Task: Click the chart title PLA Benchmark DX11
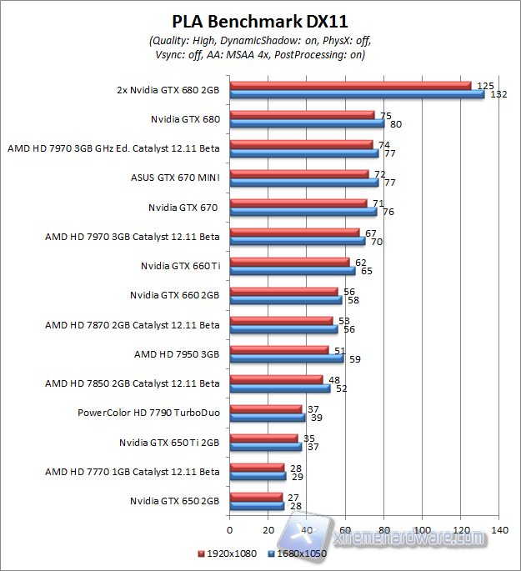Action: pos(259,22)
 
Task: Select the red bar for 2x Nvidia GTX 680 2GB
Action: pos(350,85)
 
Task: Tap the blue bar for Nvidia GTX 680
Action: pos(306,123)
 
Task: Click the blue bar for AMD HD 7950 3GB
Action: pos(286,358)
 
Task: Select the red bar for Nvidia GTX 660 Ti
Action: pos(289,262)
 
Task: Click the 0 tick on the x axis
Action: pos(229,529)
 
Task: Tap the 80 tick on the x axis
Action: pos(383,529)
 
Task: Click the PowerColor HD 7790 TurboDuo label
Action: pos(148,413)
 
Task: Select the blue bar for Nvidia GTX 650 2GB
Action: pos(256,505)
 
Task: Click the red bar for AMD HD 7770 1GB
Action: pos(256,467)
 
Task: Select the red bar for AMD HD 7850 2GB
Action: pos(276,379)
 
